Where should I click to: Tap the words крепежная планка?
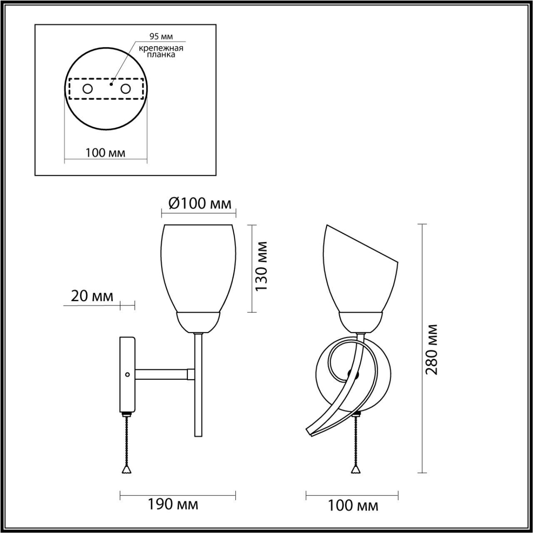[162, 51]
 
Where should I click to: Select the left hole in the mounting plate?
[87, 88]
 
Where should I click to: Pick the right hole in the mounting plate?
[125, 88]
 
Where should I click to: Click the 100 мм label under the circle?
[105, 153]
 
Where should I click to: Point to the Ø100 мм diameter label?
[199, 204]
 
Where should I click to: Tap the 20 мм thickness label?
[92, 296]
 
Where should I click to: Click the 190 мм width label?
[173, 504]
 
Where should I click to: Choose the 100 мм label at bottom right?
[353, 506]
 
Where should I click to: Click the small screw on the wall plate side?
[128, 374]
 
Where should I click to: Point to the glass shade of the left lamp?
[198, 266]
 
